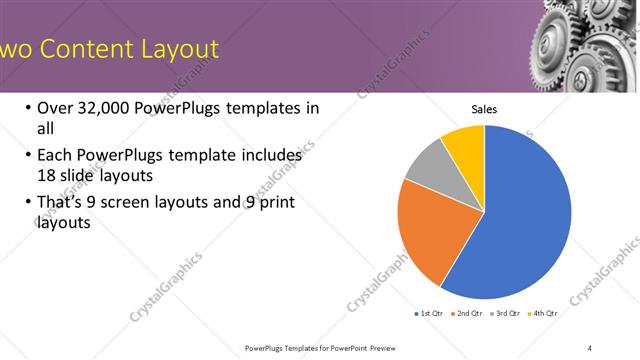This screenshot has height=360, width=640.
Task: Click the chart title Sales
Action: (484, 109)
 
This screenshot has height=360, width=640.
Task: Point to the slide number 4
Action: (590, 347)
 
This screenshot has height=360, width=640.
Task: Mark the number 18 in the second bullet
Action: (46, 175)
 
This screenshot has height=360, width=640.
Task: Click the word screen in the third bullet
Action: (127, 203)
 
